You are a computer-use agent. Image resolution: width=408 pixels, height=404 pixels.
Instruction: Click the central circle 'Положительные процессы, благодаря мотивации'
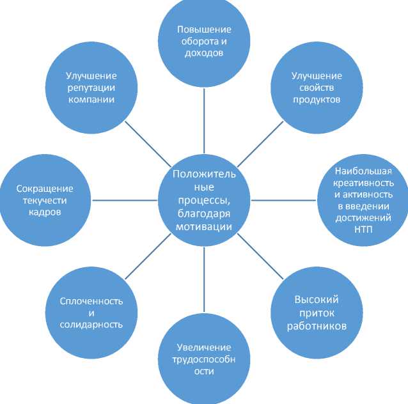pyautogui.click(x=204, y=200)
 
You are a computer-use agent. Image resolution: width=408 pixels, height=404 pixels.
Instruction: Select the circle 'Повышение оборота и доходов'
pyautogui.click(x=204, y=40)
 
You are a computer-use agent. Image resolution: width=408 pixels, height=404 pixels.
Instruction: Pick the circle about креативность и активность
pyautogui.click(x=363, y=200)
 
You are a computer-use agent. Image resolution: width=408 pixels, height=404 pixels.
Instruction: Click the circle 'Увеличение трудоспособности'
pyautogui.click(x=204, y=359)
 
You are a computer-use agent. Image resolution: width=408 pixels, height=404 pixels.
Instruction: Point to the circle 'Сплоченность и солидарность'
pyautogui.click(x=91, y=312)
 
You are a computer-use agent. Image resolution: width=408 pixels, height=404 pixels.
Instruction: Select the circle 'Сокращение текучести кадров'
pyautogui.click(x=45, y=200)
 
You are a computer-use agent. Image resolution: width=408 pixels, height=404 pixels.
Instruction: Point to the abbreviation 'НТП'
pyautogui.click(x=363, y=229)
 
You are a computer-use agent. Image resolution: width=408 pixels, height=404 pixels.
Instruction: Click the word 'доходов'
pyautogui.click(x=204, y=53)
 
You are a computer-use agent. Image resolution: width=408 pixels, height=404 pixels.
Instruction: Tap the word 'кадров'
pyautogui.click(x=45, y=212)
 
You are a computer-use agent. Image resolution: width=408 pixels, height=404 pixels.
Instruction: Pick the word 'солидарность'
pyautogui.click(x=91, y=325)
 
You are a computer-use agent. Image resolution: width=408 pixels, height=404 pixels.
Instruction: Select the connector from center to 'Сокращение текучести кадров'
pyautogui.click(x=124, y=200)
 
